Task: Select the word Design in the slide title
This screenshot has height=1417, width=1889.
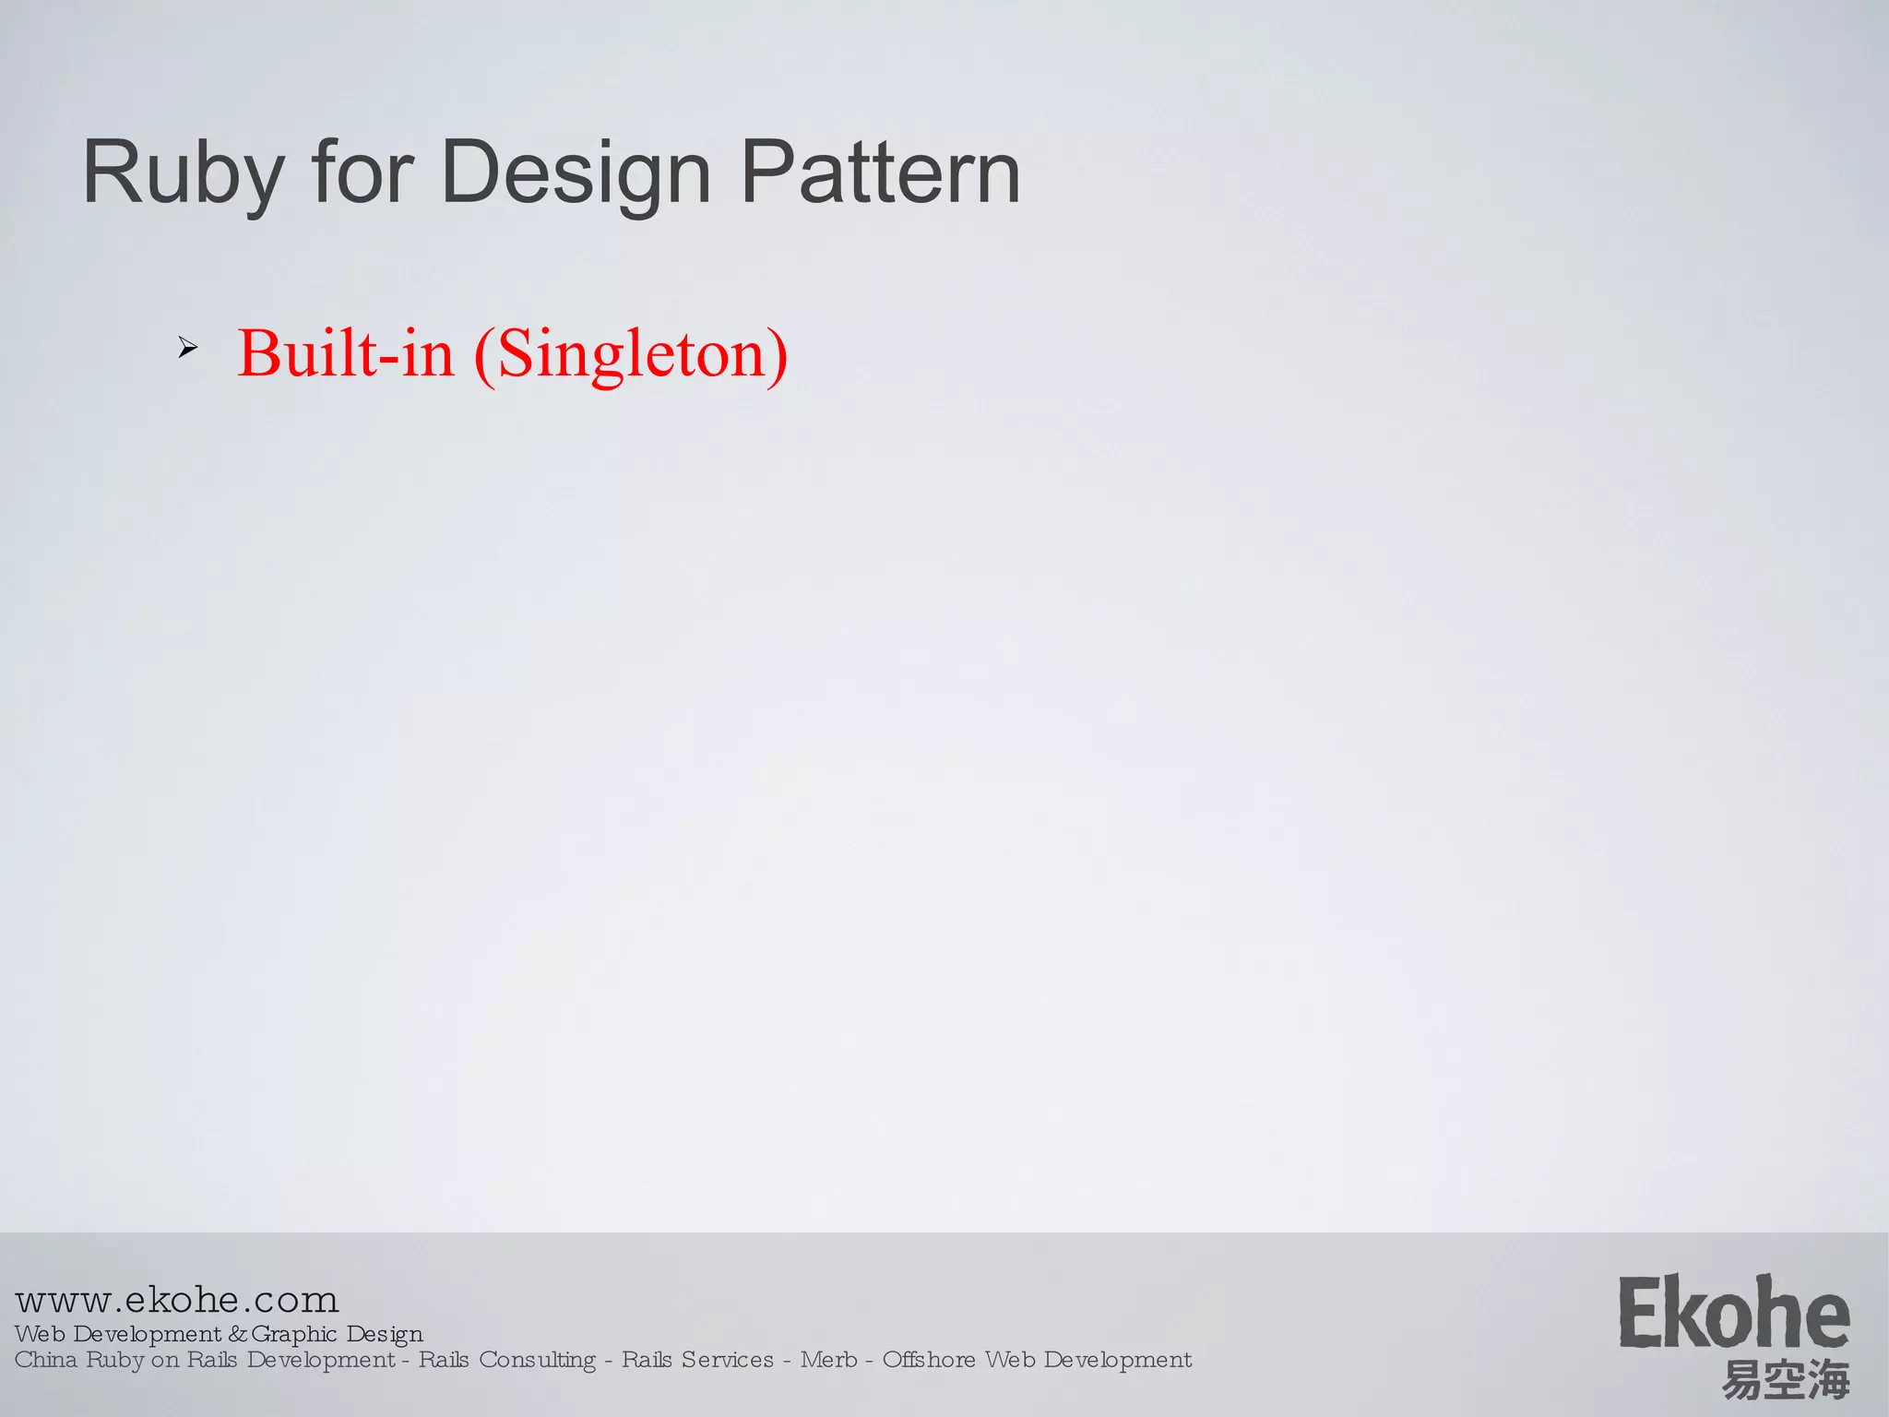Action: pos(576,173)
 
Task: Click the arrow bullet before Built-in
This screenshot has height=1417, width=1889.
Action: pos(187,349)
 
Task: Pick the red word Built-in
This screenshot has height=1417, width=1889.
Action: pos(346,353)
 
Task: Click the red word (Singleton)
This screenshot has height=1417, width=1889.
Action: pos(631,355)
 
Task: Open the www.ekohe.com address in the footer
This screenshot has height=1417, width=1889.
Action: pos(177,1300)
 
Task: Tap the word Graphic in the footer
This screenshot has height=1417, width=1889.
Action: pos(294,1334)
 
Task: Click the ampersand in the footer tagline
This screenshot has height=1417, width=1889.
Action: pos(237,1334)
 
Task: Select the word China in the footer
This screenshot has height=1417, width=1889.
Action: pos(46,1360)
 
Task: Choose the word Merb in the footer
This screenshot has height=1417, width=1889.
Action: pos(828,1360)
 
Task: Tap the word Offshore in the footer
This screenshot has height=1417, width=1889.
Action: pos(929,1360)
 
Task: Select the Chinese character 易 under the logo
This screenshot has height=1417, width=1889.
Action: pos(1742,1381)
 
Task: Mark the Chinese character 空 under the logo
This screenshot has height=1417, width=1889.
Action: pos(1786,1381)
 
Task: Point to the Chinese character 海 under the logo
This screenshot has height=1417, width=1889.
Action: pos(1829,1381)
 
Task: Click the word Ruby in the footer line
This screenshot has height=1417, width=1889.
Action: pos(114,1360)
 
